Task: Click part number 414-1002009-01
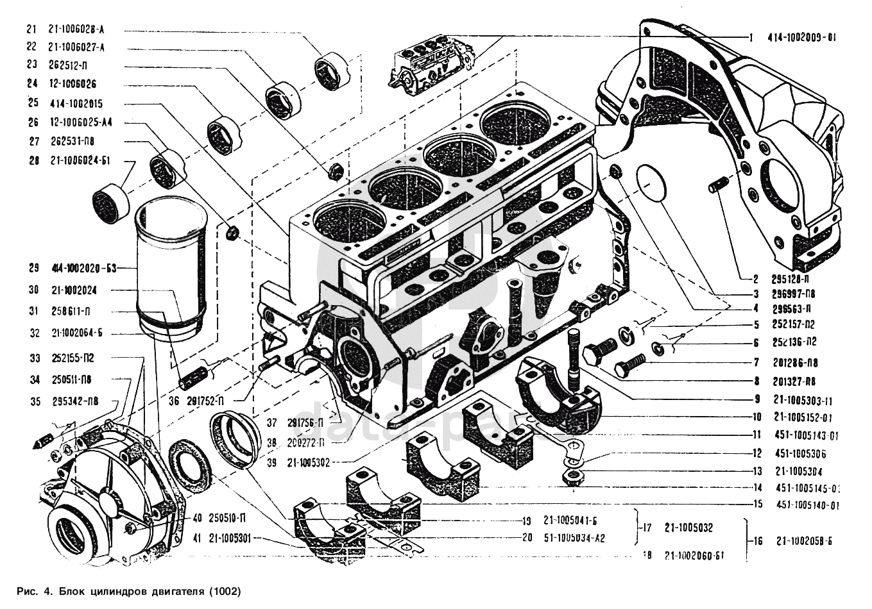[801, 38]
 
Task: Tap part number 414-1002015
[75, 103]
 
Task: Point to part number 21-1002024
[74, 290]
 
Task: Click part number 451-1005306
[800, 454]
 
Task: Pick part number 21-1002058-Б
[802, 541]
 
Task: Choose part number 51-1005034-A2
[574, 538]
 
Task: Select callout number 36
[174, 402]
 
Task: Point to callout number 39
[272, 461]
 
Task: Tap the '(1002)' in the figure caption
[225, 590]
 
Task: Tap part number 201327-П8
[795, 381]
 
